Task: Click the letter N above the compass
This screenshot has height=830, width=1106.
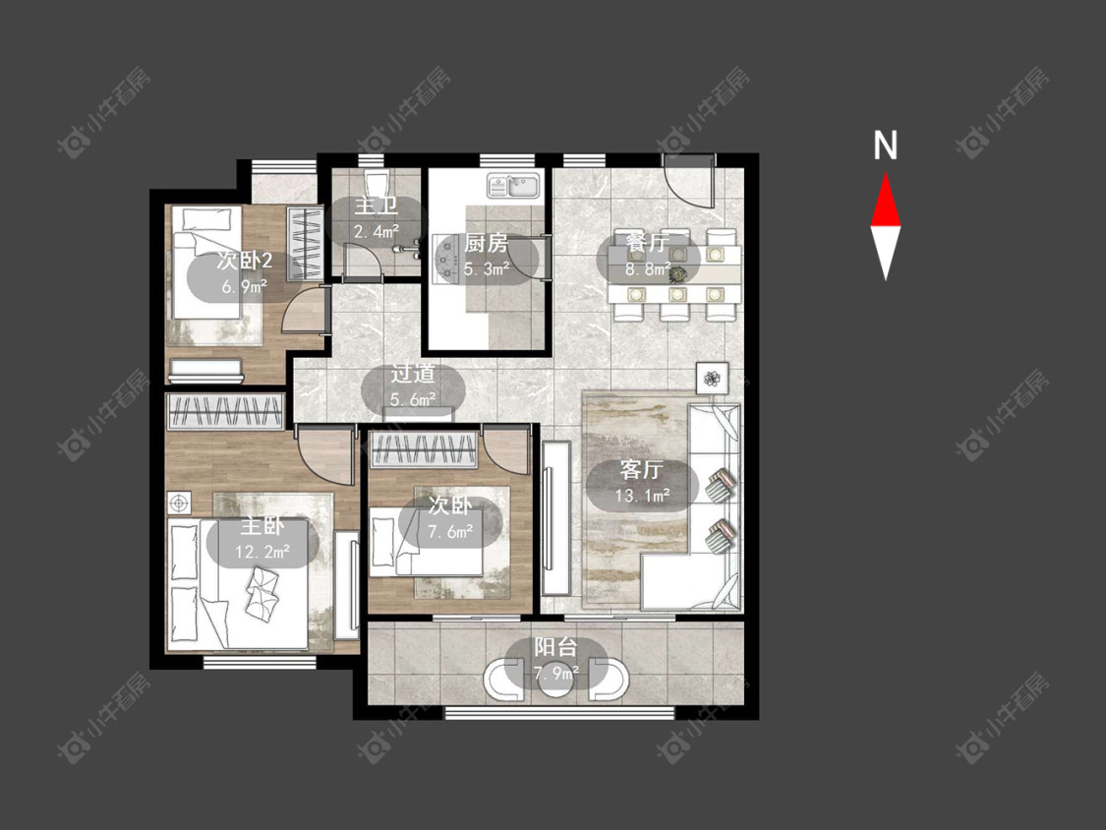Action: [885, 146]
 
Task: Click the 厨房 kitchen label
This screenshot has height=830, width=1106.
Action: [486, 244]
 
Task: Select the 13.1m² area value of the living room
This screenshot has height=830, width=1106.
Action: [642, 496]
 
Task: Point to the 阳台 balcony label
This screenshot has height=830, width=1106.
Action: [555, 647]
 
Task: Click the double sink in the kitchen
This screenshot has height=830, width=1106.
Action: [513, 186]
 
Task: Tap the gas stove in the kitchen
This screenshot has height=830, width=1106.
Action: [446, 259]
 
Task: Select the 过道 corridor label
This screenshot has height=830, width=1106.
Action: [413, 374]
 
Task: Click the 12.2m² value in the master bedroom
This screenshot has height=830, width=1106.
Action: [262, 552]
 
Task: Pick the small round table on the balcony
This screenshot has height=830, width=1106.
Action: [555, 679]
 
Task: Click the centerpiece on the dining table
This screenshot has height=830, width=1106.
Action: [677, 272]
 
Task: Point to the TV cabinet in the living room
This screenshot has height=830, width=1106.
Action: [556, 519]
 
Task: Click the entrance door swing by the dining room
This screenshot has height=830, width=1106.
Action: [689, 180]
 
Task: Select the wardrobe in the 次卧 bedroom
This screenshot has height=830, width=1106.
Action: [423, 450]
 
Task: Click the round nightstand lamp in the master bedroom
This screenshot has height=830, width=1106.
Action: [179, 504]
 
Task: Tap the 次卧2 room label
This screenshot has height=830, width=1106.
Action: [245, 262]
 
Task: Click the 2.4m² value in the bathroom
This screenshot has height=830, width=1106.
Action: [376, 231]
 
